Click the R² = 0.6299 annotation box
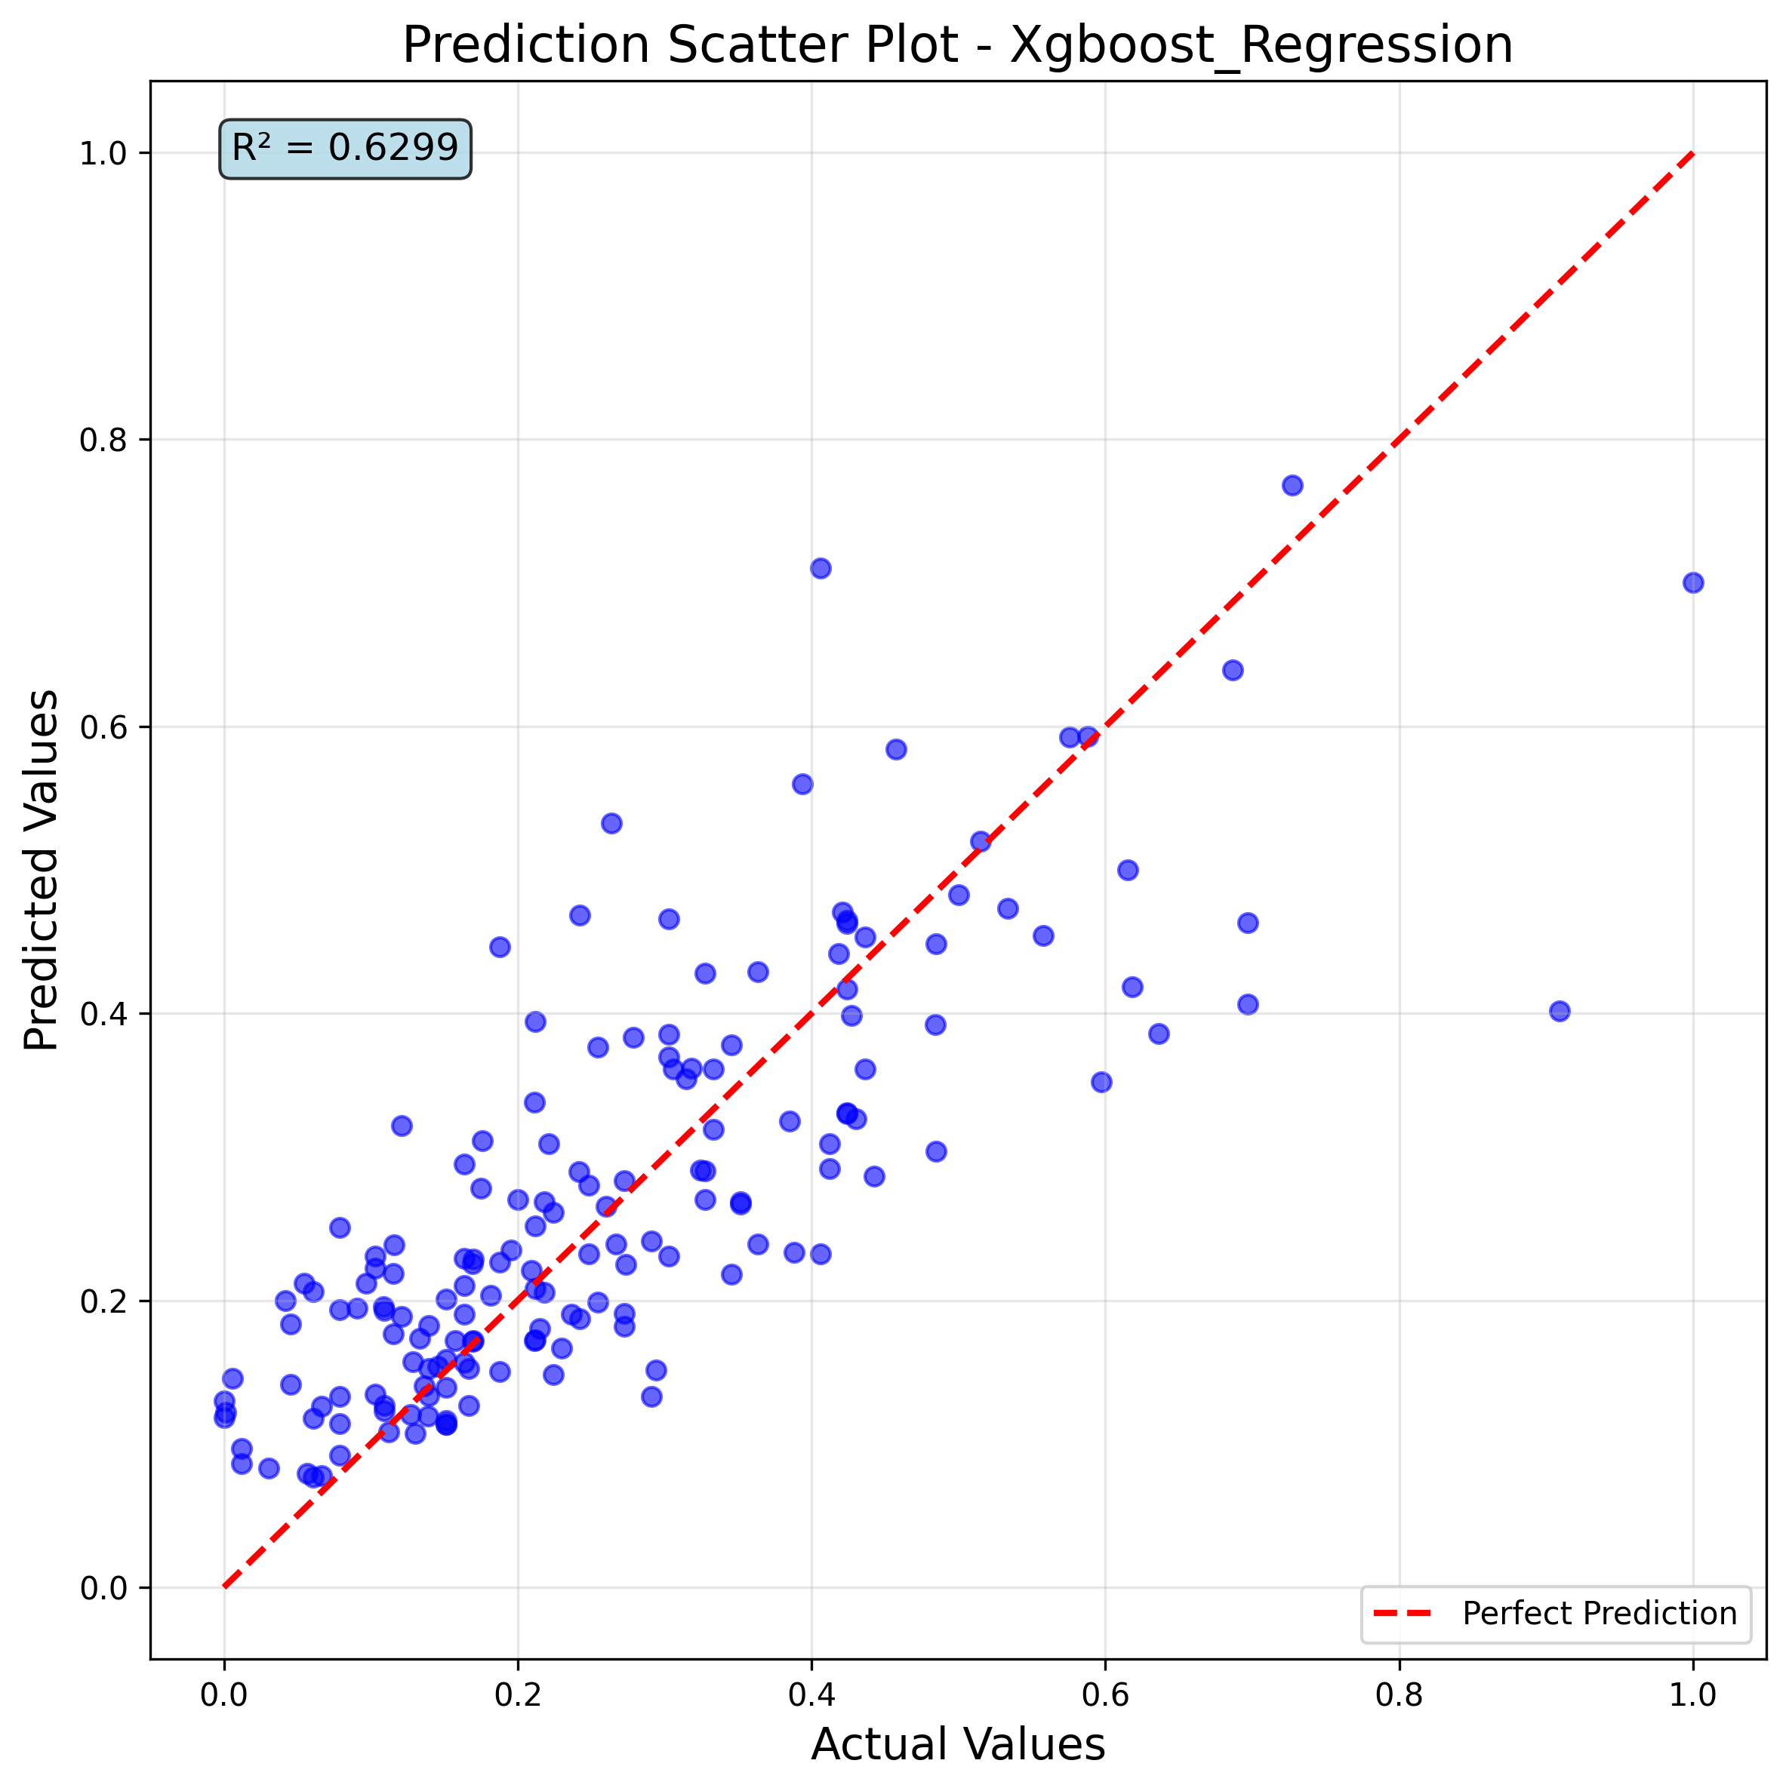[344, 149]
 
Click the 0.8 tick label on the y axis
[103, 441]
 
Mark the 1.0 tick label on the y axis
[103, 153]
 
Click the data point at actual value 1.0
[1692, 582]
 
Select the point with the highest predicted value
[1292, 485]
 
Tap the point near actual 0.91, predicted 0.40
[1559, 1010]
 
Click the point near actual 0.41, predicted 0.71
[820, 568]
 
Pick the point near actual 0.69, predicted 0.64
[1233, 670]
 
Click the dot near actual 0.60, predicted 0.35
[1101, 1082]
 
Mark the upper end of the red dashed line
[1692, 153]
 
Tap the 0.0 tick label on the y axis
[103, 1588]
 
